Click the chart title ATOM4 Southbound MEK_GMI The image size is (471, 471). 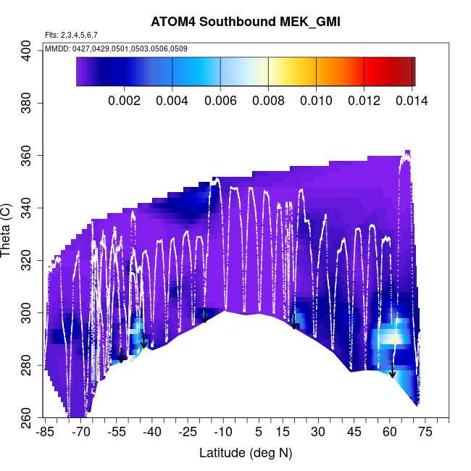tap(246, 22)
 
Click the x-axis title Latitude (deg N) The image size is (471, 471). tap(246, 453)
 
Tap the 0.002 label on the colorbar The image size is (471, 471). tap(124, 100)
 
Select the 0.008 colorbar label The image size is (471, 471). tap(267, 100)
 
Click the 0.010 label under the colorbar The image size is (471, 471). tap(315, 100)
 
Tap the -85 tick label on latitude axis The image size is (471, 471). tap(45, 433)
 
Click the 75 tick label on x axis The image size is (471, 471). tap(425, 433)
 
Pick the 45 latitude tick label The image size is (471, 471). tap(354, 433)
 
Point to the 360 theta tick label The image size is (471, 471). tap(28, 156)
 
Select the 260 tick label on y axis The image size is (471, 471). tap(28, 419)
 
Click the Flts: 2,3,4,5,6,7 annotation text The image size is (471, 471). tap(71, 35)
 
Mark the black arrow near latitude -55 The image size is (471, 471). tap(121, 355)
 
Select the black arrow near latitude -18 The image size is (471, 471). tap(205, 315)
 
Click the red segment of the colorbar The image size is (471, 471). tap(377, 72)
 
